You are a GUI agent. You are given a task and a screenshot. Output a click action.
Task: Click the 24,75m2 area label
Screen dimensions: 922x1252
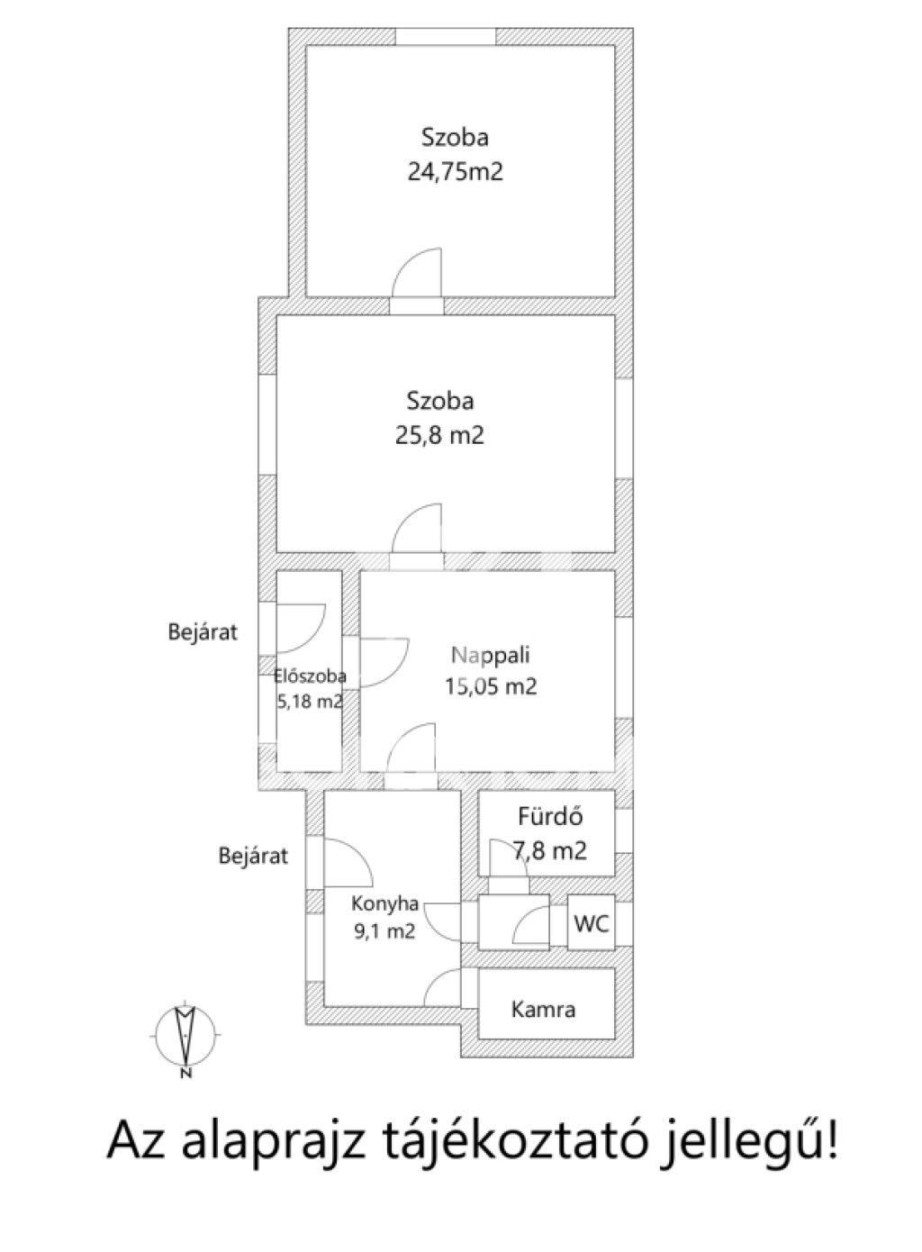click(456, 172)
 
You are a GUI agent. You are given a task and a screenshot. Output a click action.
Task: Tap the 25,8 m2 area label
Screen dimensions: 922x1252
click(439, 435)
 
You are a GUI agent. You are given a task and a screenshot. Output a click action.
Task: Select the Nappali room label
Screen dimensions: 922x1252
click(491, 655)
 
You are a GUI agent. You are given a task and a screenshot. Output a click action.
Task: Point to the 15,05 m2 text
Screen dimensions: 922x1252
click(491, 685)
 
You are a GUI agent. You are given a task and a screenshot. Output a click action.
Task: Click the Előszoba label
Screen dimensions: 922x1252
click(310, 676)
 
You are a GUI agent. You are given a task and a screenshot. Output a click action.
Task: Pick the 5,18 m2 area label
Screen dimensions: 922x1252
click(310, 701)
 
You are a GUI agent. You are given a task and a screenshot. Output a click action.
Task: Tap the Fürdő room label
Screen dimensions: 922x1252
click(550, 817)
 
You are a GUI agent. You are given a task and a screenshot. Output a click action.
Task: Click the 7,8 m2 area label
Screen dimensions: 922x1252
click(550, 850)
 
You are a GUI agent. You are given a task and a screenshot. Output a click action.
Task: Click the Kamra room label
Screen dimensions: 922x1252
click(543, 1010)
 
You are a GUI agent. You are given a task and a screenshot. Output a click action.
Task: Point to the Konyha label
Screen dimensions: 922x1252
click(384, 903)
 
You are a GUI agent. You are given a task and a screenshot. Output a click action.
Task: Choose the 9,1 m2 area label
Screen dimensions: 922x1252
click(384, 931)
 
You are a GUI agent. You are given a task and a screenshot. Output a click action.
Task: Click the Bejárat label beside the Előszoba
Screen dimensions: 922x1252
click(203, 632)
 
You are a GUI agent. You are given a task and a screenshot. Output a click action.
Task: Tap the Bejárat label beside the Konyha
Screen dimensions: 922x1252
click(253, 857)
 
